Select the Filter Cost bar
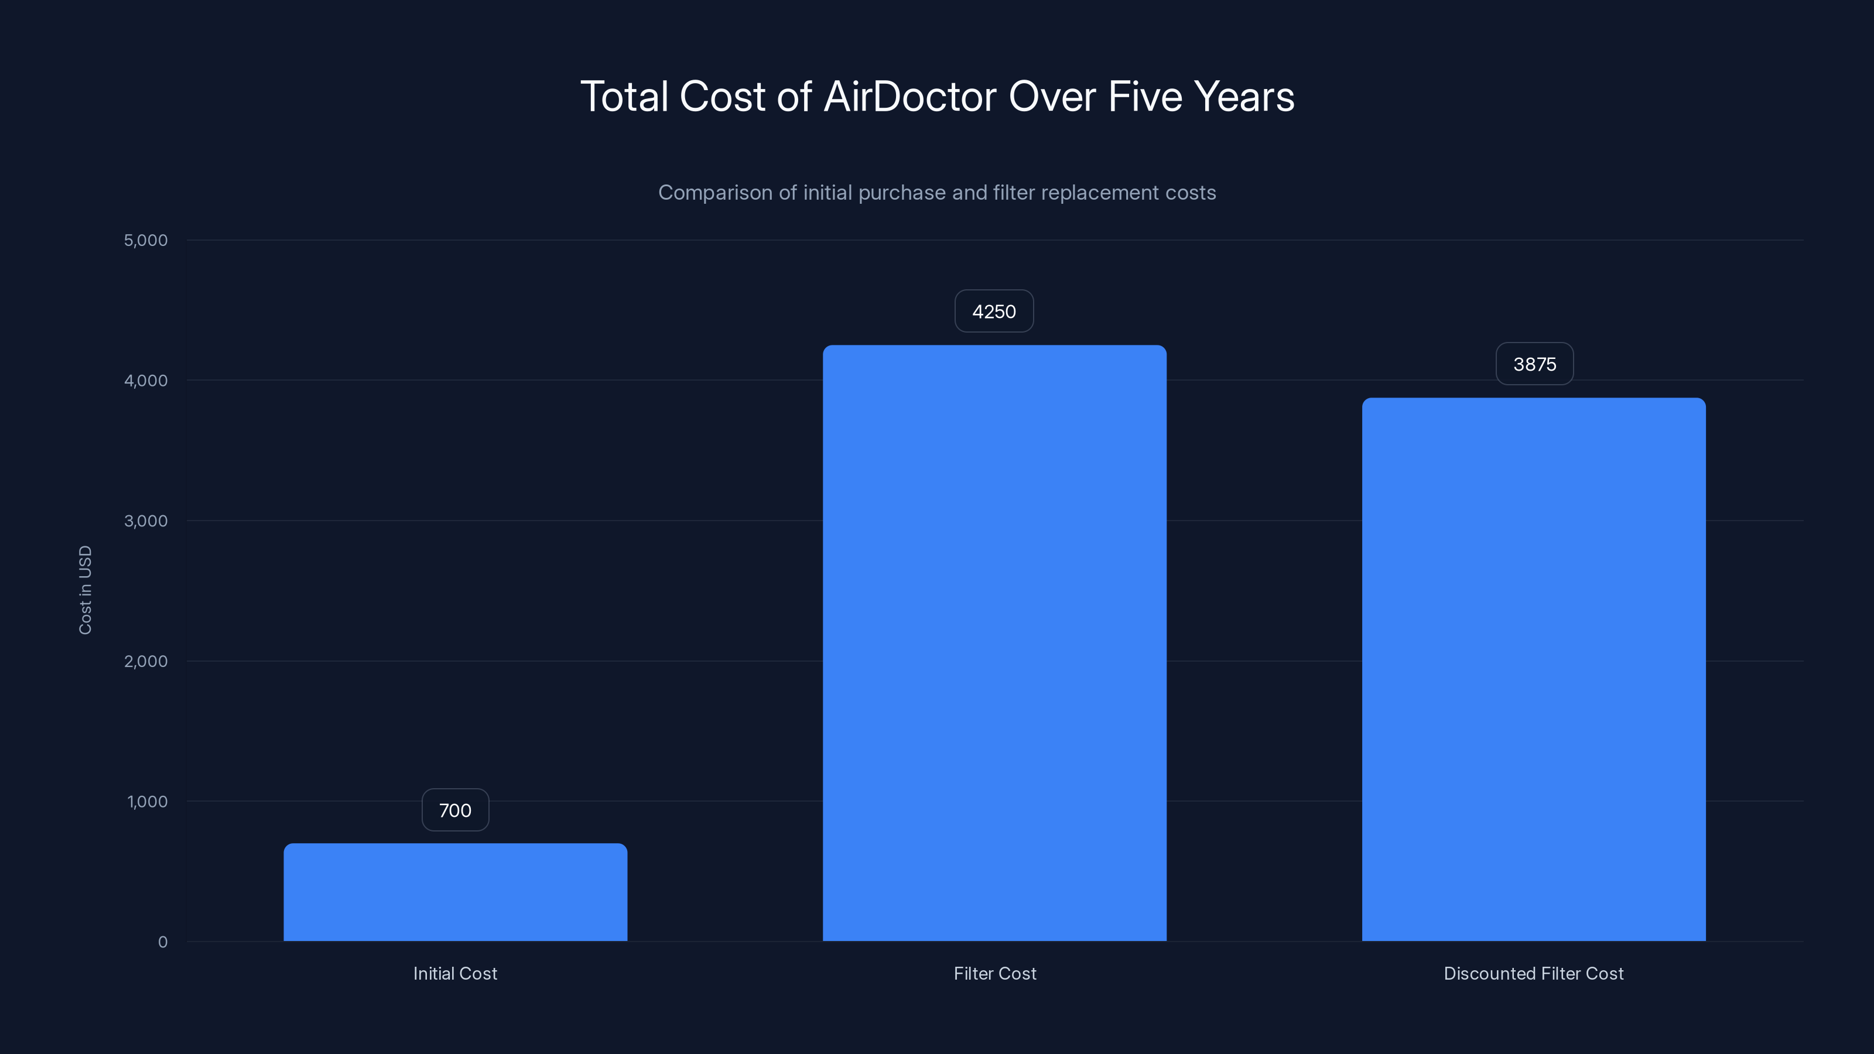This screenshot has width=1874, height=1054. (994, 643)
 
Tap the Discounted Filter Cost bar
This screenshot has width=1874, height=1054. (1534, 669)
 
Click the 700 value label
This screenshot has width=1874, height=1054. (456, 810)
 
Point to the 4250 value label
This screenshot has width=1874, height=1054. (994, 312)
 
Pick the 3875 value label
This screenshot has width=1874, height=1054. (1534, 364)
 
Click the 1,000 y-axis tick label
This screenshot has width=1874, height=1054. (147, 802)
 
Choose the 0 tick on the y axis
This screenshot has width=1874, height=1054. (162, 942)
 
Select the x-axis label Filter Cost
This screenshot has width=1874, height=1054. (994, 973)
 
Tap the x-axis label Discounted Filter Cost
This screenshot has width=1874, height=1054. (1534, 973)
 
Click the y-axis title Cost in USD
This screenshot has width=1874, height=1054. (85, 590)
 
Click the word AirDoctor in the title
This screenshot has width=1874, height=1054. (909, 97)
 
